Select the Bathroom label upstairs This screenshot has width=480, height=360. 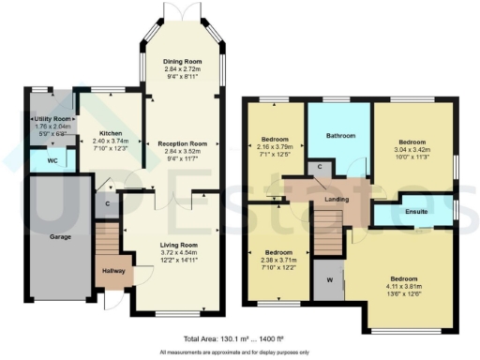tap(339, 136)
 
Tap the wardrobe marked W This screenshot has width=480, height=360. tap(328, 278)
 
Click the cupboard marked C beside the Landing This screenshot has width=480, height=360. tap(320, 167)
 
